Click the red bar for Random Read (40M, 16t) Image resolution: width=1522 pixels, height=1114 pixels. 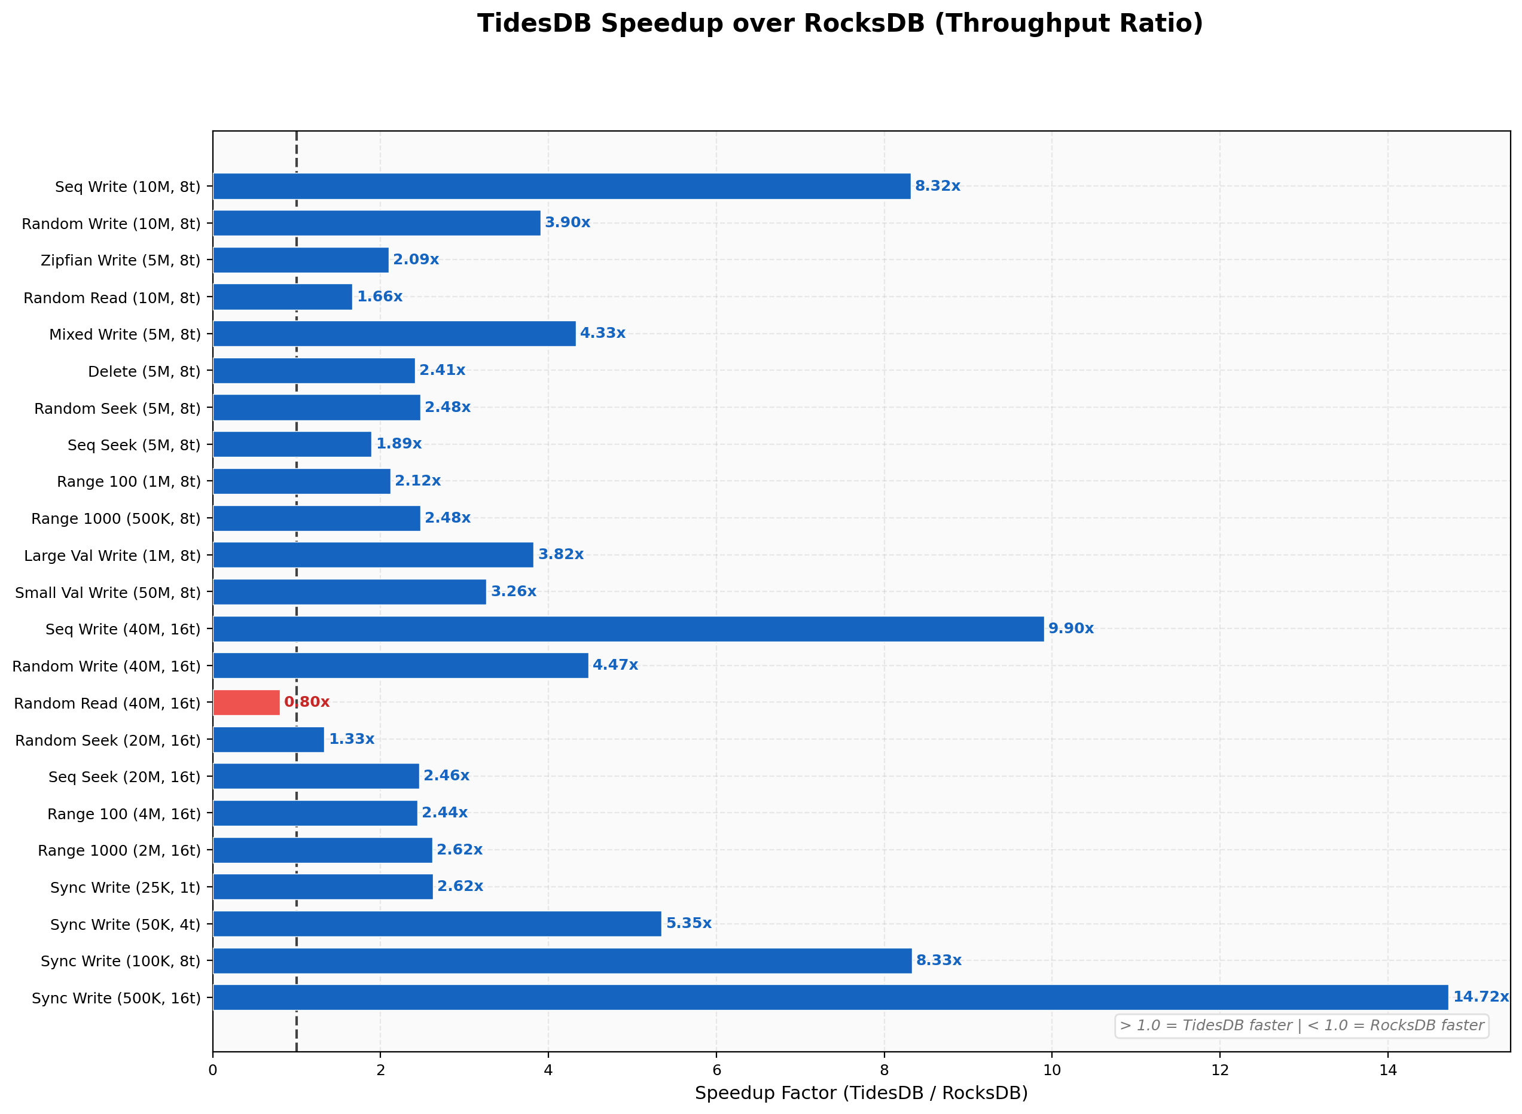[x=246, y=703]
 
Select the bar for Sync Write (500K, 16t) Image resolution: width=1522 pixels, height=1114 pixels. [x=829, y=997]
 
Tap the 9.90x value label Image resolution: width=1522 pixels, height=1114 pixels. [x=1070, y=628]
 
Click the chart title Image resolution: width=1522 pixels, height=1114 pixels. [x=840, y=23]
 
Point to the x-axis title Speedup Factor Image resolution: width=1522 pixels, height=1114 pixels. [x=861, y=1092]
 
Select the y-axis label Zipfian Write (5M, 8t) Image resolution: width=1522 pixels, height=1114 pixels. [x=121, y=260]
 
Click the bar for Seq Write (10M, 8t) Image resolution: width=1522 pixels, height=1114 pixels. [x=561, y=186]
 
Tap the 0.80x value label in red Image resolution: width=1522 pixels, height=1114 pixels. [x=307, y=702]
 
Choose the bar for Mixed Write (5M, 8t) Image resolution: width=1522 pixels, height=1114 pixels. [x=394, y=334]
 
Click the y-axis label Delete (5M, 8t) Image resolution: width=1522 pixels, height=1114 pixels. [x=144, y=371]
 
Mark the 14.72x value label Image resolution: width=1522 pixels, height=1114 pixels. [x=1480, y=997]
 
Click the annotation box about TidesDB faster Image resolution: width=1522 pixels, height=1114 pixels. [x=1301, y=1026]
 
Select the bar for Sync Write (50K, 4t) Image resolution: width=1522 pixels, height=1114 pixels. [x=437, y=924]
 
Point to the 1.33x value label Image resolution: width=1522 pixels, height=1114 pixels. [x=351, y=739]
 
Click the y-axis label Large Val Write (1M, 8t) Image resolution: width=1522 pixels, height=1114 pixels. [x=112, y=556]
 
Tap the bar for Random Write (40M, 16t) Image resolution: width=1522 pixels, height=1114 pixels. [x=401, y=666]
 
